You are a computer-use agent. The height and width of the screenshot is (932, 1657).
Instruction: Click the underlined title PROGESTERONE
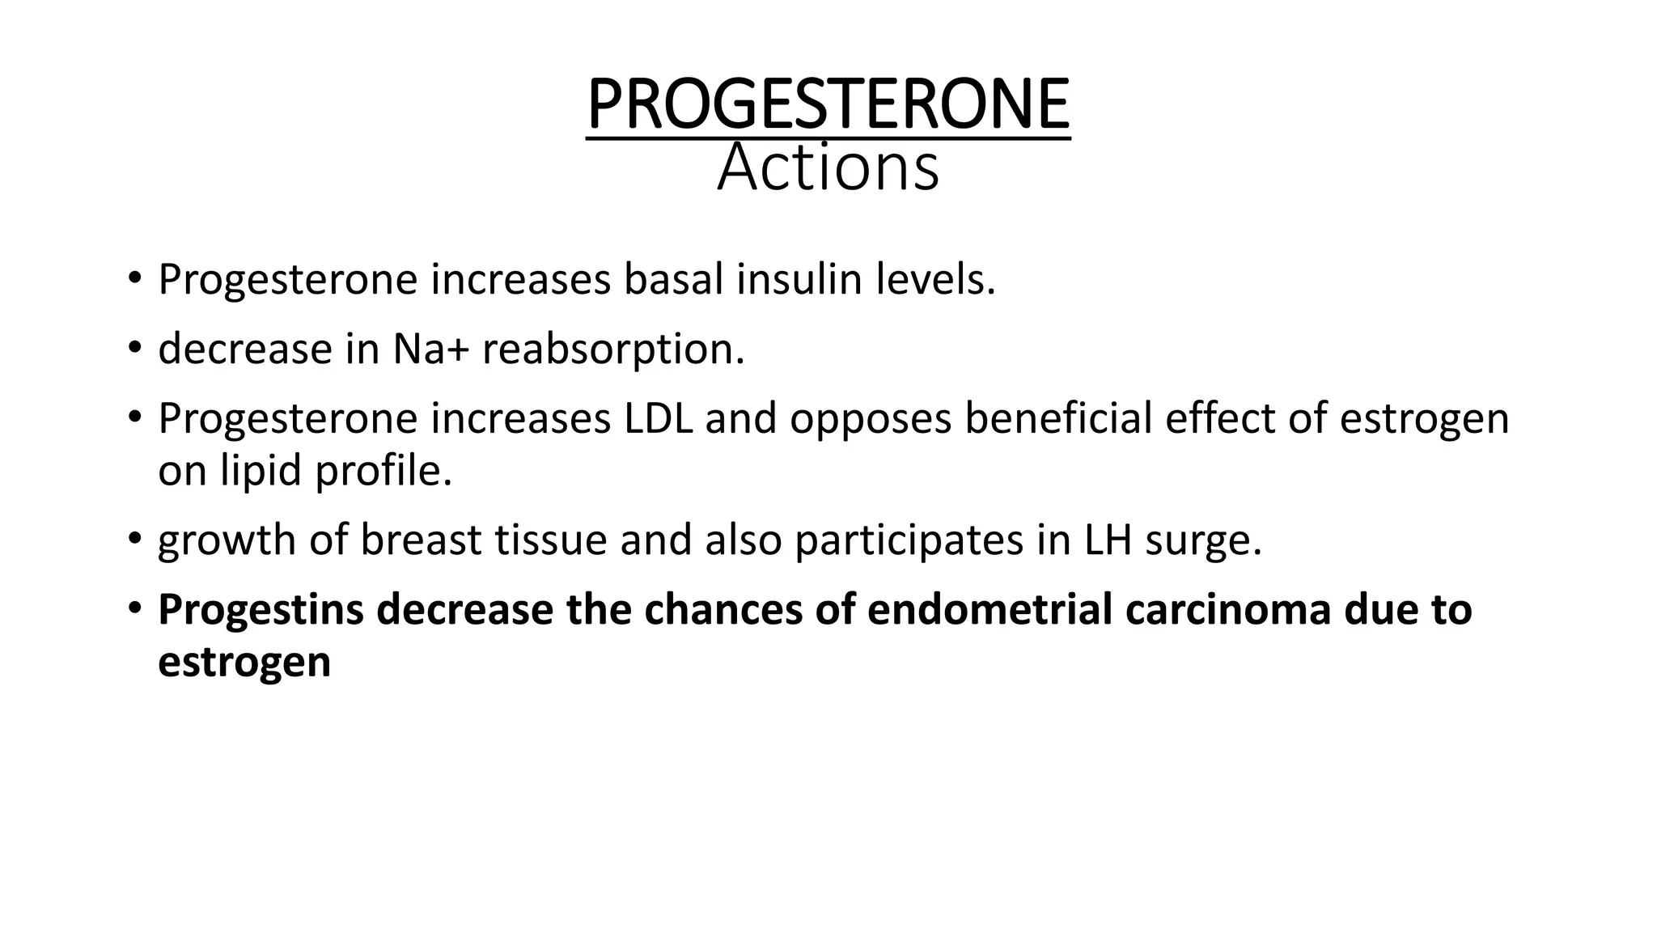828,104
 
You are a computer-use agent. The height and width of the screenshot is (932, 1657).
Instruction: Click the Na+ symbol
430,349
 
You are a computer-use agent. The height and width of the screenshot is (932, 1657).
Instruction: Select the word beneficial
1057,419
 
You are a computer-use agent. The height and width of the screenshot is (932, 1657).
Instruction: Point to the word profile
383,471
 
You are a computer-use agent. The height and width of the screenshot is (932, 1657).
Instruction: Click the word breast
421,540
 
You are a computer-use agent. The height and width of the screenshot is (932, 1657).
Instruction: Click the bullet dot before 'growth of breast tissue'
134,539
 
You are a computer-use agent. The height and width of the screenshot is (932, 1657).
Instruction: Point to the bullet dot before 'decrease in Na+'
134,349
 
